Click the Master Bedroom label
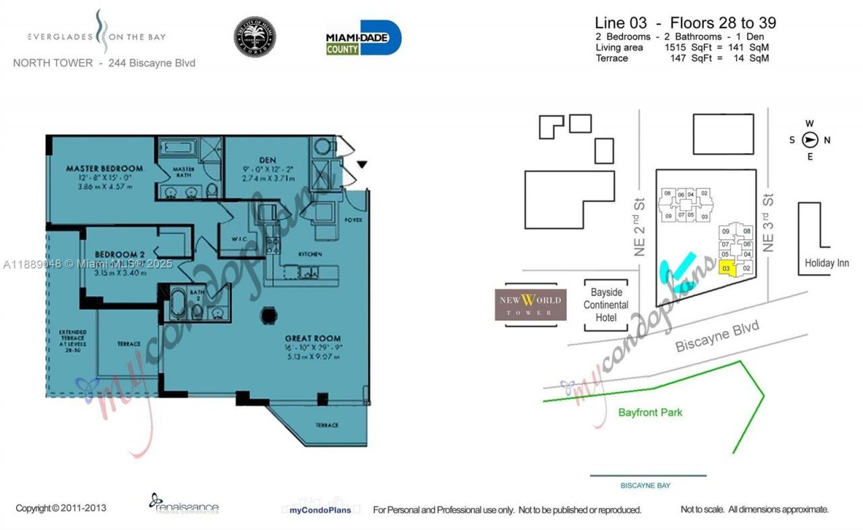[x=104, y=168]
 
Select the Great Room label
[x=312, y=338]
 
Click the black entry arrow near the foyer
[x=362, y=164]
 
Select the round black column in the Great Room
[x=268, y=315]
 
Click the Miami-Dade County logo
[x=363, y=38]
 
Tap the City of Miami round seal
[x=255, y=37]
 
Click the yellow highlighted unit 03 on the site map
[x=726, y=268]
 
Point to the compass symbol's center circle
[x=810, y=140]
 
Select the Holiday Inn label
[x=827, y=263]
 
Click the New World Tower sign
[x=531, y=305]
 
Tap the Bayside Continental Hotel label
[x=605, y=305]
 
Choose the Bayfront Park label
[x=650, y=412]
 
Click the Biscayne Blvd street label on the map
[x=717, y=336]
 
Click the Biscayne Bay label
[x=645, y=485]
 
